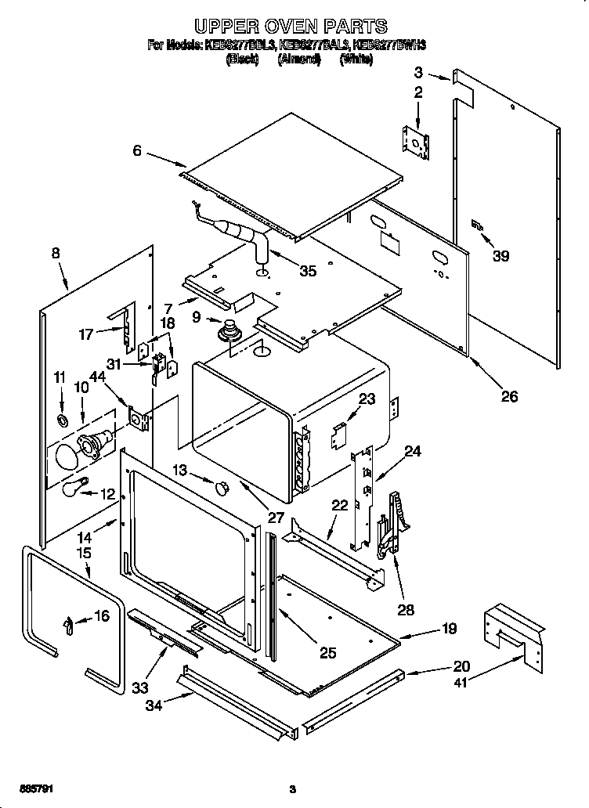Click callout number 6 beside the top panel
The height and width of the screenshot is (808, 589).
click(138, 150)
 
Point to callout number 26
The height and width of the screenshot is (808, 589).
click(509, 397)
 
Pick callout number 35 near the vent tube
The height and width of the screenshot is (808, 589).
click(308, 272)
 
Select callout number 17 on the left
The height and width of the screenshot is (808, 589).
click(85, 334)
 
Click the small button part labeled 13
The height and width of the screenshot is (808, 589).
click(221, 488)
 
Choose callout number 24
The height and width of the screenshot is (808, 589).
click(413, 451)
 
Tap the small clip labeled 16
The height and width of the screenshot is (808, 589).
click(70, 624)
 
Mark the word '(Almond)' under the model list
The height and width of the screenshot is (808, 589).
click(299, 60)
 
